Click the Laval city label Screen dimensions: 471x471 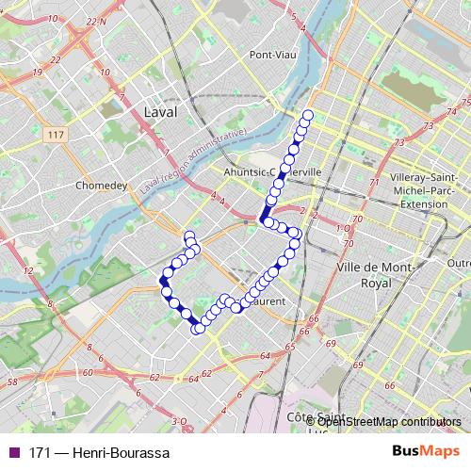[161, 111]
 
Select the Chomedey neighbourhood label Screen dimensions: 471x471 [100, 186]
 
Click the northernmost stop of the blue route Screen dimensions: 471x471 [307, 116]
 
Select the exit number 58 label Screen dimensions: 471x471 [12, 382]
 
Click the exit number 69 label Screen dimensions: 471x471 [358, 365]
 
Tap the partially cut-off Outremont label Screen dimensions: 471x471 [460, 263]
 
